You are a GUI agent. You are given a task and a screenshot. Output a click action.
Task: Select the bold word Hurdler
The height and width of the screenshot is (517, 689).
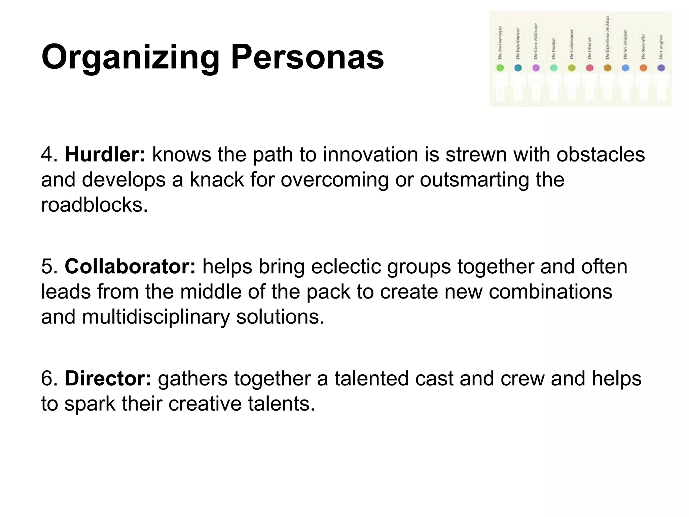(105, 154)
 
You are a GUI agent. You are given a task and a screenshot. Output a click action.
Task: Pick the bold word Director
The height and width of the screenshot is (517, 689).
(108, 378)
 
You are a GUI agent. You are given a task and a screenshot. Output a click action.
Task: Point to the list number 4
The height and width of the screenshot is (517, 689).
(49, 155)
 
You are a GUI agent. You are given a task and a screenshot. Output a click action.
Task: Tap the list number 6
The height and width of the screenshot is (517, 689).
(49, 379)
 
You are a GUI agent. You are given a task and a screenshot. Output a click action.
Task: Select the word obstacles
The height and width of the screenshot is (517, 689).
(601, 154)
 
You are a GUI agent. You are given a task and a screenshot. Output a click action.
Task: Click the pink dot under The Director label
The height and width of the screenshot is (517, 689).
(589, 68)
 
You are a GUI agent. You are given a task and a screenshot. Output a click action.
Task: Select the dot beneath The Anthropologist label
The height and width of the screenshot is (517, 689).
(500, 68)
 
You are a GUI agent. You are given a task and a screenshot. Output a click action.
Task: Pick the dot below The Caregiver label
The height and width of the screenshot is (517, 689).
(661, 68)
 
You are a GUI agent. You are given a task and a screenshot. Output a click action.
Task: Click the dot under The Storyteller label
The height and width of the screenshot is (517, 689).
(643, 68)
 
